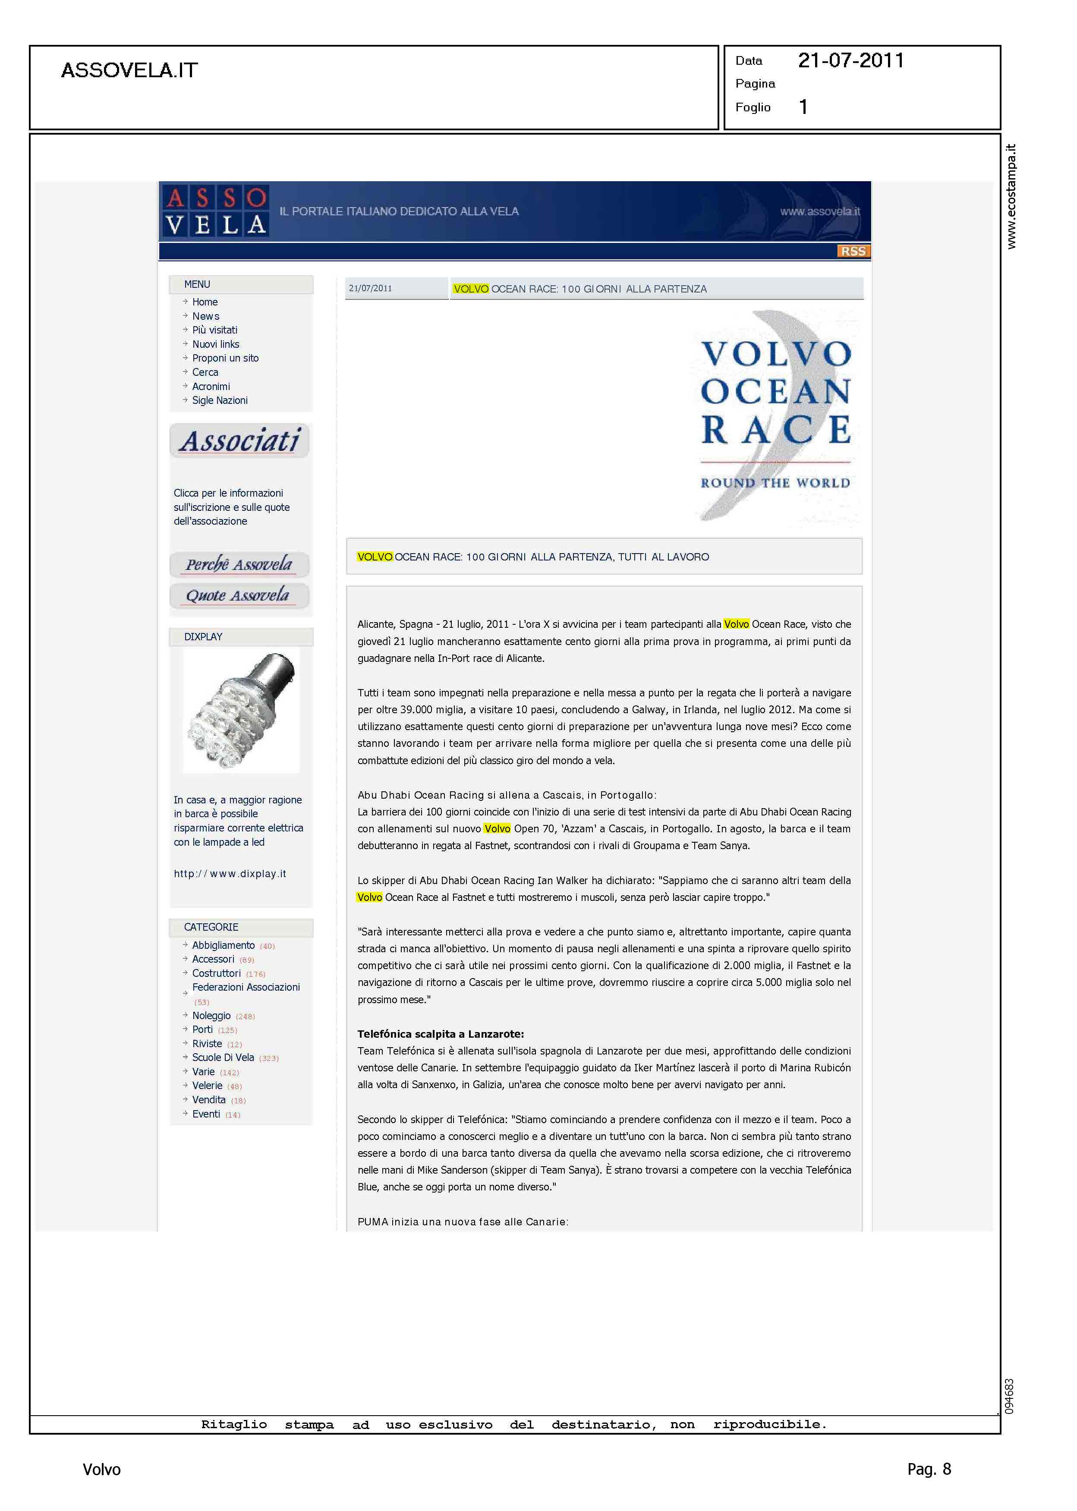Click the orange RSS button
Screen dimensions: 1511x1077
(853, 251)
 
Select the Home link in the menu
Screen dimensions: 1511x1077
(205, 302)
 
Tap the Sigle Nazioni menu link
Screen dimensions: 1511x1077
(220, 400)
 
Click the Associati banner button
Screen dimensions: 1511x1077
(240, 441)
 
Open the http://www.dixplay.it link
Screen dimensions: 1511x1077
(230, 874)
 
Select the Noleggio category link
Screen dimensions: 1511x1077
(211, 1016)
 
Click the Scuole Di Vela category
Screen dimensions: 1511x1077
(223, 1058)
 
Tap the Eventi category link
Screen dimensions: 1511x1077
(206, 1114)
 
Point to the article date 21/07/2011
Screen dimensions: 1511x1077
(370, 288)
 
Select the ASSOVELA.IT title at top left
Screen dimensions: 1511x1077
(129, 70)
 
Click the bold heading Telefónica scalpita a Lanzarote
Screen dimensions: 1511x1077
(441, 1034)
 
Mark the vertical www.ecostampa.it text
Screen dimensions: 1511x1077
(1011, 196)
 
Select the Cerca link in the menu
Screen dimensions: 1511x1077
(205, 373)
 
